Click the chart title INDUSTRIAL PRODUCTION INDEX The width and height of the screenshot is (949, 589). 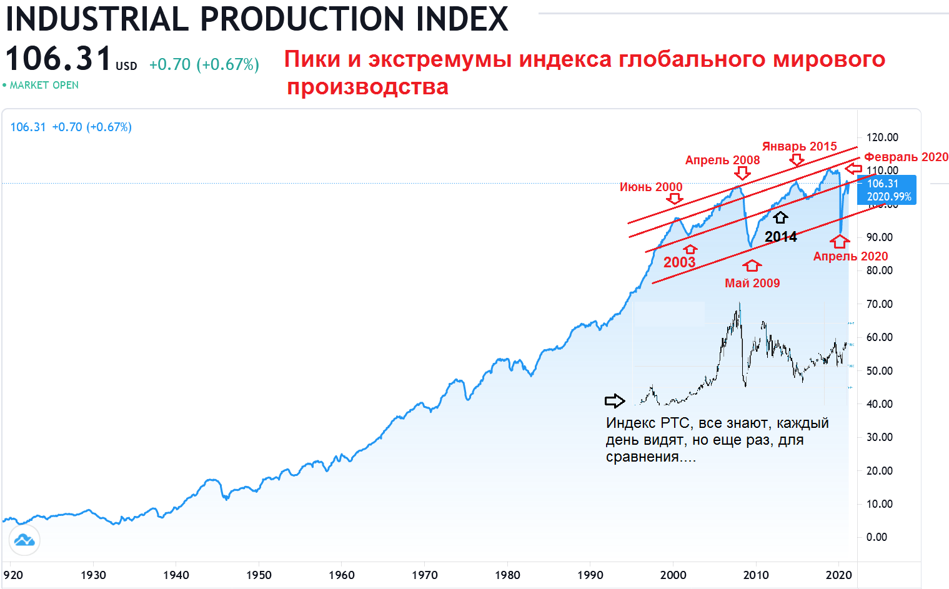pos(257,19)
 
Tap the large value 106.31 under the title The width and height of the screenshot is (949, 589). pos(58,59)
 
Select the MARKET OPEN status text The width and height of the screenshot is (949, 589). pos(44,85)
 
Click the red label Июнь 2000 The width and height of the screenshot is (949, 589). pos(651,187)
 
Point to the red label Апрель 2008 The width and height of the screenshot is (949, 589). pos(722,160)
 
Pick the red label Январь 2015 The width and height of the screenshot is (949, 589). pos(799,146)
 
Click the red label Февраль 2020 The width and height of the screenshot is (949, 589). pos(906,157)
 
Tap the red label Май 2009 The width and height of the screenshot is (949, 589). pos(752,283)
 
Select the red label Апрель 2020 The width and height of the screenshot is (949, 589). pos(850,256)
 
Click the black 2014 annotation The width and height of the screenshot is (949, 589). pos(781,237)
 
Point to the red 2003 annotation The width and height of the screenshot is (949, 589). pos(679,262)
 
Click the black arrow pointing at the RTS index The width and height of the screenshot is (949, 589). pos(615,401)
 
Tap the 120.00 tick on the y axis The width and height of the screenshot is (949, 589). pos(882,137)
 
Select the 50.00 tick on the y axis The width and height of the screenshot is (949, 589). pos(879,370)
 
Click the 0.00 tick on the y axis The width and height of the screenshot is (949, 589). pos(877,537)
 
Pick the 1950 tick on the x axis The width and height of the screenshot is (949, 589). pos(259,575)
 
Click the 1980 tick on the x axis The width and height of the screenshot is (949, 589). pos(507,575)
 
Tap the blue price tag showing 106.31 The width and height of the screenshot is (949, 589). pos(888,190)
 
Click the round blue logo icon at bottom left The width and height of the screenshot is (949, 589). pos(24,540)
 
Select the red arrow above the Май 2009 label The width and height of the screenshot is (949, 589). pos(752,265)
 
